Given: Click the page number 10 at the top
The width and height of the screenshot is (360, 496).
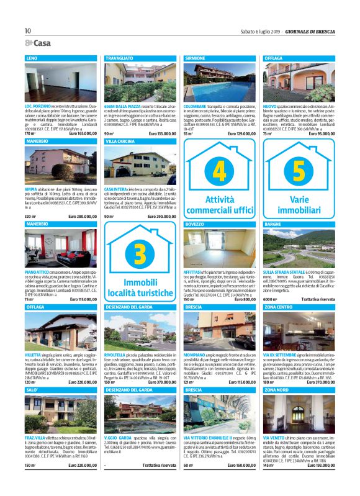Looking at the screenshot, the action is pyautogui.click(x=27, y=31).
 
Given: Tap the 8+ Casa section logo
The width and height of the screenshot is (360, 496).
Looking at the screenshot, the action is pyautogui.click(x=37, y=43).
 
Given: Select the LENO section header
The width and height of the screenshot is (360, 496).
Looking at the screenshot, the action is pyautogui.click(x=32, y=58).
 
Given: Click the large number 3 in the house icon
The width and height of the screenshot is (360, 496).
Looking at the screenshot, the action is pyautogui.click(x=140, y=254).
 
